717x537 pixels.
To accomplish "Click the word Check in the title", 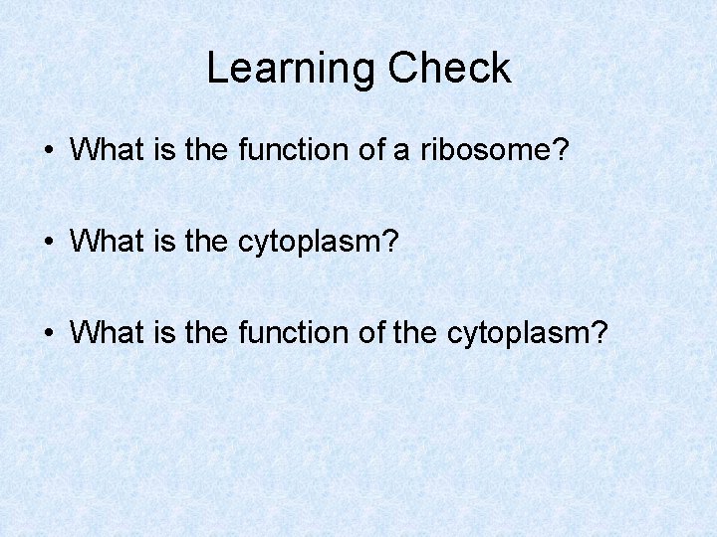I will click(449, 69).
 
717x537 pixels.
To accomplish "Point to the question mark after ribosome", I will click(562, 150).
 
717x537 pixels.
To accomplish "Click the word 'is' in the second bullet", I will click(165, 241).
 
